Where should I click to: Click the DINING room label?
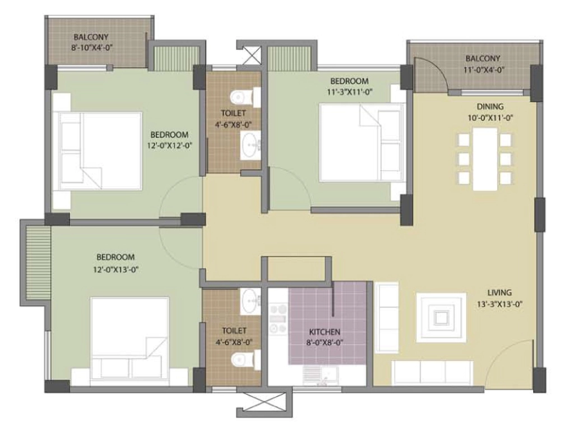pos(490,107)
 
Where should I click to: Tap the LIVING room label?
pos(499,292)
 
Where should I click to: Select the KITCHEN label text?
pos(325,332)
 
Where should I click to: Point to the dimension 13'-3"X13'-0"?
pos(499,304)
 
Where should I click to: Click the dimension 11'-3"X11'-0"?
pos(350,92)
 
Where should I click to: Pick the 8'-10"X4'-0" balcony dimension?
pos(91,48)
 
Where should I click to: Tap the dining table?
pos(485,159)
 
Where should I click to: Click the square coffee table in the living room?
pos(441,318)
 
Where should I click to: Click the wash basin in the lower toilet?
pos(251,301)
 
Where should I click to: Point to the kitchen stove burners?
pos(278,319)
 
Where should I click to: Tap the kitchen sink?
pos(321,375)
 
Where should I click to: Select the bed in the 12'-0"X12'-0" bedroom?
pos(98,151)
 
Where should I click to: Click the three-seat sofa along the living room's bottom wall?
pos(432,373)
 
